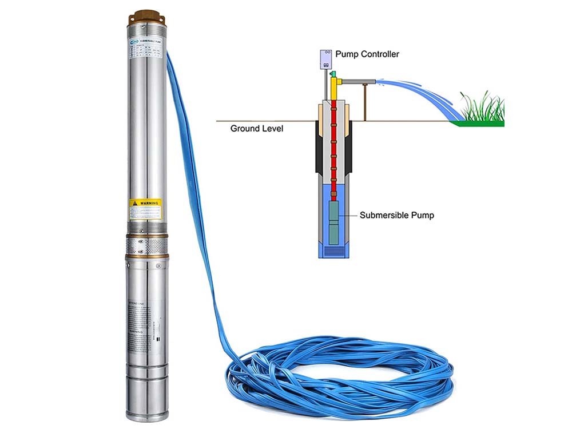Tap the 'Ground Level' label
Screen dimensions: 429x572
tap(257, 129)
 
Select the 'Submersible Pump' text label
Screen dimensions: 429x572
tap(397, 216)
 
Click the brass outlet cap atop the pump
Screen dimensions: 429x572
tap(145, 14)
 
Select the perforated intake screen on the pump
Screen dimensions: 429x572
tap(145, 247)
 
